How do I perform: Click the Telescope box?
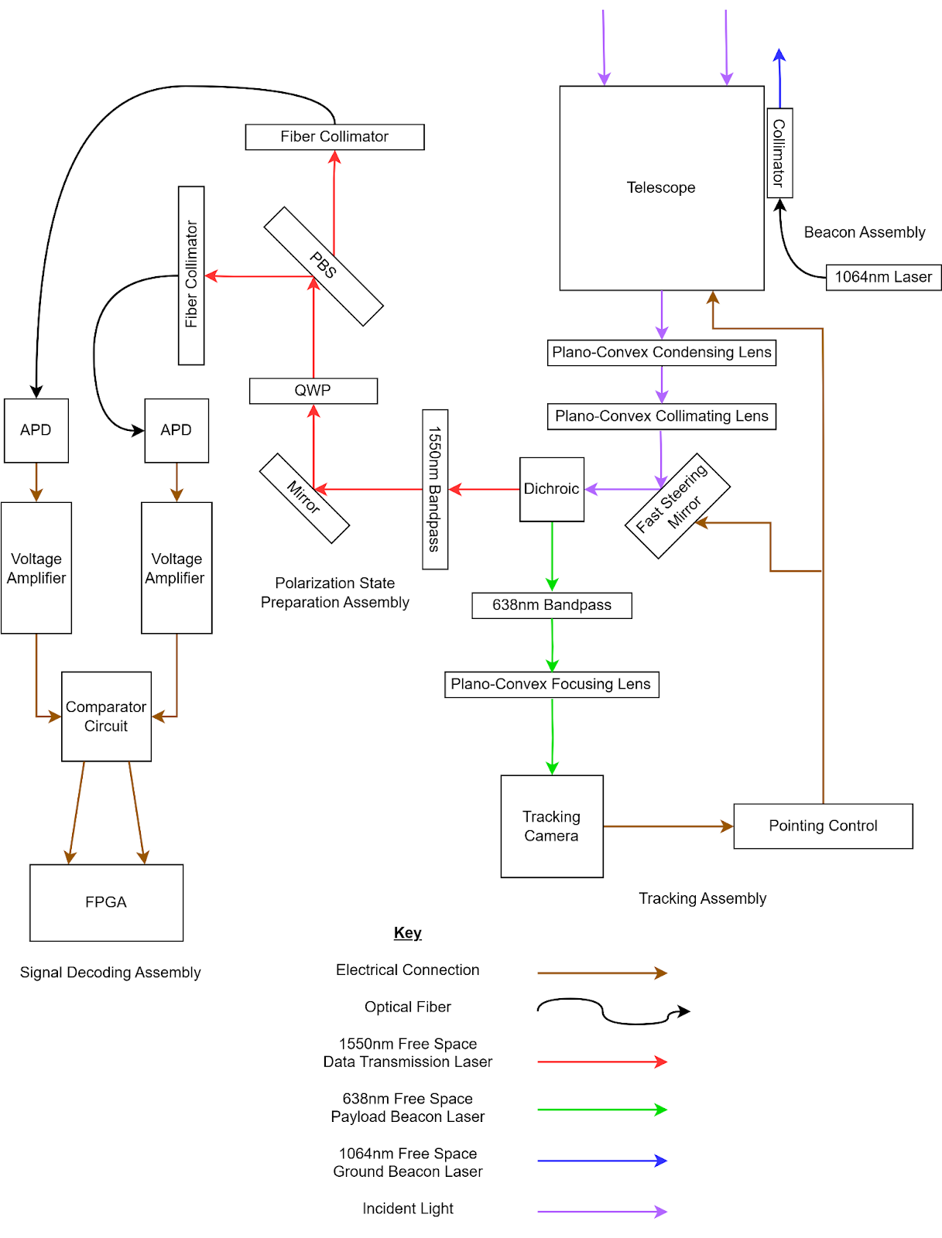click(661, 188)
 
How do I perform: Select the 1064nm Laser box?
click(883, 277)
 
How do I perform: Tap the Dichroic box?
click(551, 489)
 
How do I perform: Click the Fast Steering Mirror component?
click(677, 505)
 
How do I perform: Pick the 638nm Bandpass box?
click(551, 605)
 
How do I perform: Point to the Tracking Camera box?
click(551, 826)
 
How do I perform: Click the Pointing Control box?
click(823, 826)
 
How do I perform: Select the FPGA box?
click(106, 902)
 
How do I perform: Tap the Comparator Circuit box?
click(106, 716)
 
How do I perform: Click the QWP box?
click(313, 391)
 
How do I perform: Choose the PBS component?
click(324, 265)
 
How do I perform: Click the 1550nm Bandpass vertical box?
click(434, 489)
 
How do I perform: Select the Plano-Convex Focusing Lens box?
click(551, 684)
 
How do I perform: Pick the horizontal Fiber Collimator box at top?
click(334, 137)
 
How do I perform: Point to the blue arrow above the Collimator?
click(779, 77)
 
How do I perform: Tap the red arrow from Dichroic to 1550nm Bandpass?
click(485, 489)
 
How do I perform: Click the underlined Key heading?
click(407, 932)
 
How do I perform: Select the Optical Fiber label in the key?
click(407, 1007)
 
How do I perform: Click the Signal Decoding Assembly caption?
click(110, 973)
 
